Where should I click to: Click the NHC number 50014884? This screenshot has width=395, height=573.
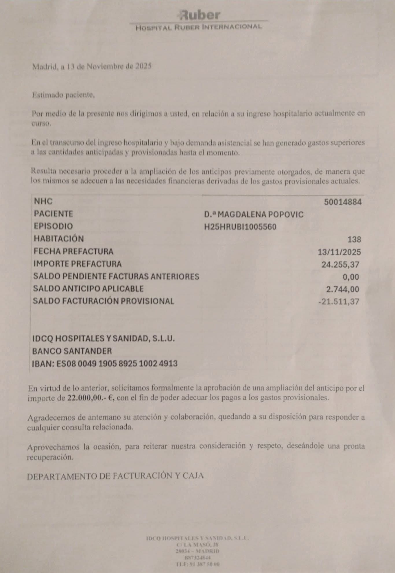343,202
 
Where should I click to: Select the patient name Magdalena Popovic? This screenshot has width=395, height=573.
254,214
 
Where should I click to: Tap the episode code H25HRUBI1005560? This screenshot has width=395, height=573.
240,226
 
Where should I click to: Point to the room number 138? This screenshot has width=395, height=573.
354,239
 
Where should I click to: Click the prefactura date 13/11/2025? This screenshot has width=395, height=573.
339,252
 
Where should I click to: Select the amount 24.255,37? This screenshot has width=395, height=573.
341,264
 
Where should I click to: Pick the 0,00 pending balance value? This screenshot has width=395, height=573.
350,277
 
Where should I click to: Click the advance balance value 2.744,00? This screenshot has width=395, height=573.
342,289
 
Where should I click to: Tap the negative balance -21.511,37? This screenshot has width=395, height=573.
338,302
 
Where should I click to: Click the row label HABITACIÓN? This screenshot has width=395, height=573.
59,239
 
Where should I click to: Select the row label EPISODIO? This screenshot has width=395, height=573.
53,226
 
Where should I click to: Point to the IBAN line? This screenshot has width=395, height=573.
105,363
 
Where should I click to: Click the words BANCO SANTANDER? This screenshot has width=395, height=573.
72,351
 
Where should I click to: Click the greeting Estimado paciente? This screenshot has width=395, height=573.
63,95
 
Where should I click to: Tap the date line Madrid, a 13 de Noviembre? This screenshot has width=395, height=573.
92,67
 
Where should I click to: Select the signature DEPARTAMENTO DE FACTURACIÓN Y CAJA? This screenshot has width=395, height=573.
115,476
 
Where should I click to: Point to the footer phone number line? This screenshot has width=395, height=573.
198,564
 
